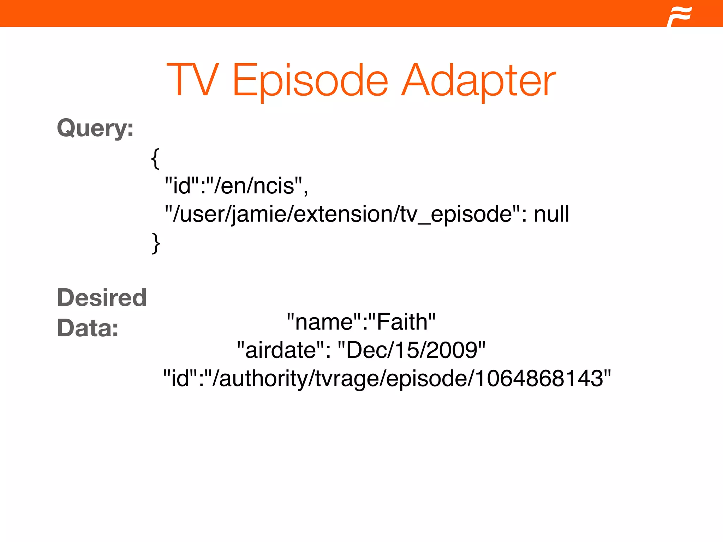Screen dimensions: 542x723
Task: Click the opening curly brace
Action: tap(155, 158)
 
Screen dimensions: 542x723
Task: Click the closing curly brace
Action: tap(156, 243)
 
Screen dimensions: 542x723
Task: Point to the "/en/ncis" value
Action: tap(255, 186)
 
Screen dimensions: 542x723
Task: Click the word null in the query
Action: tap(551, 214)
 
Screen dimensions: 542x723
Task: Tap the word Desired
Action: tap(102, 297)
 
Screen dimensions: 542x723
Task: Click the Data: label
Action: tap(88, 328)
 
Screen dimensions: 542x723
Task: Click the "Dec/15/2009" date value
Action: tap(412, 350)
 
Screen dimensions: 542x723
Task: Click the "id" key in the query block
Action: tap(182, 186)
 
